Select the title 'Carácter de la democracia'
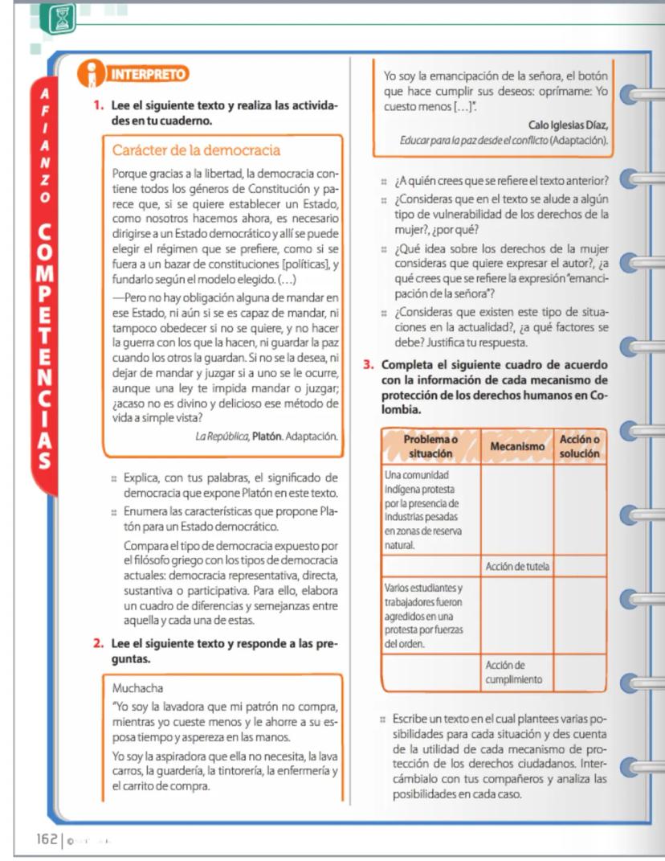point(196,150)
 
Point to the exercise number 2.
point(97,643)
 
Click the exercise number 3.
point(369,364)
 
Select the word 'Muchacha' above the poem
point(139,687)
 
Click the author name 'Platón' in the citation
point(267,437)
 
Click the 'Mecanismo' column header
point(517,446)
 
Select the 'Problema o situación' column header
point(430,446)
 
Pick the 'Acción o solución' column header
point(580,446)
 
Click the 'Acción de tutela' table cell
point(517,566)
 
